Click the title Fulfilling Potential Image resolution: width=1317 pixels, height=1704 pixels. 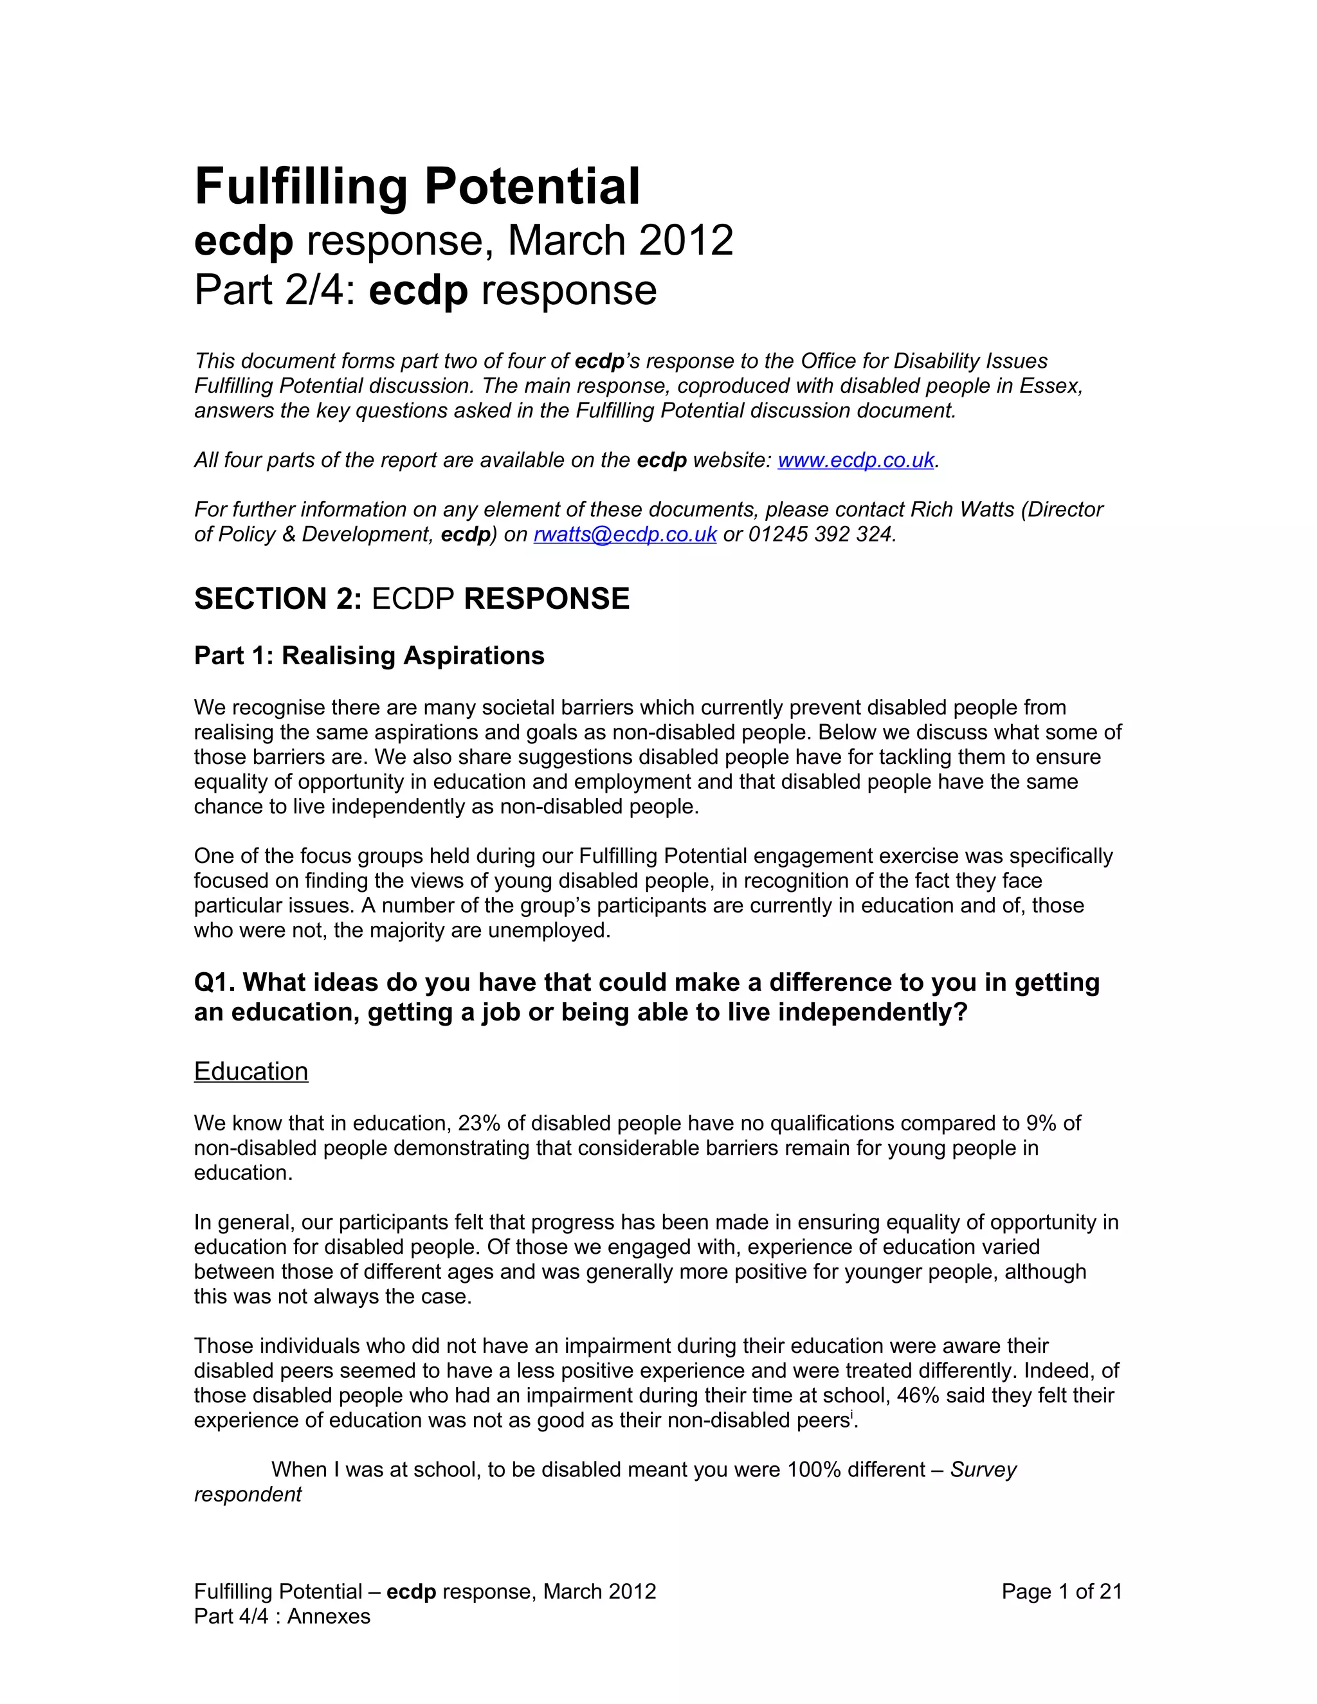(x=417, y=186)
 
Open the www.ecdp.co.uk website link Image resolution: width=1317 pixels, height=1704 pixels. (x=856, y=460)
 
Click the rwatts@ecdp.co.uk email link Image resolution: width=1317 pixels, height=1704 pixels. (x=624, y=534)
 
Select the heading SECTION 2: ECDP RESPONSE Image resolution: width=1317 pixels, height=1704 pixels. (x=411, y=599)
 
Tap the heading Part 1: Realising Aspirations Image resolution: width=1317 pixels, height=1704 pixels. (x=369, y=655)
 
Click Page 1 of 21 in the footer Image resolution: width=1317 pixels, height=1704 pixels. (x=1061, y=1591)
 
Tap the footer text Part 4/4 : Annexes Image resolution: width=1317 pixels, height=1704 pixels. (x=282, y=1616)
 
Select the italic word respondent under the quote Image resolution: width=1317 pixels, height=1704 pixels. (x=248, y=1495)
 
